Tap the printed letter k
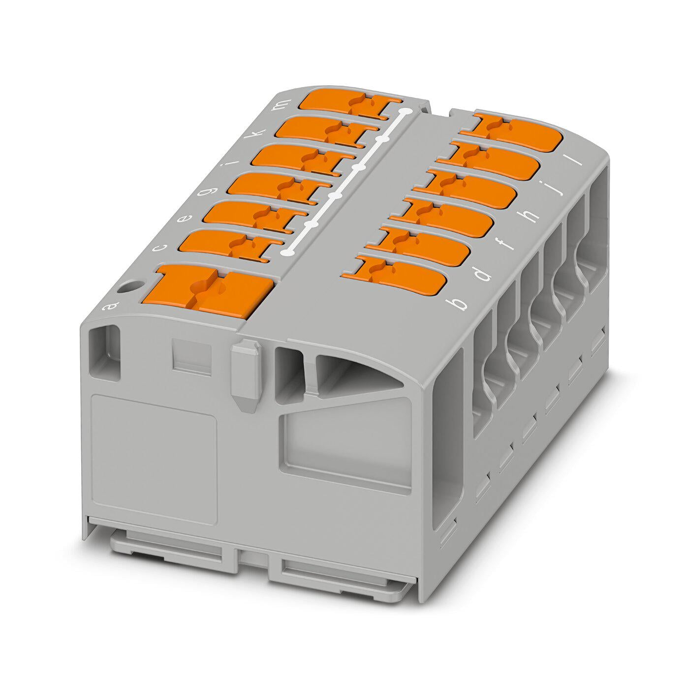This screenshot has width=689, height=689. (x=259, y=132)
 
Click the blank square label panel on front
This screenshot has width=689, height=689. (x=154, y=458)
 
